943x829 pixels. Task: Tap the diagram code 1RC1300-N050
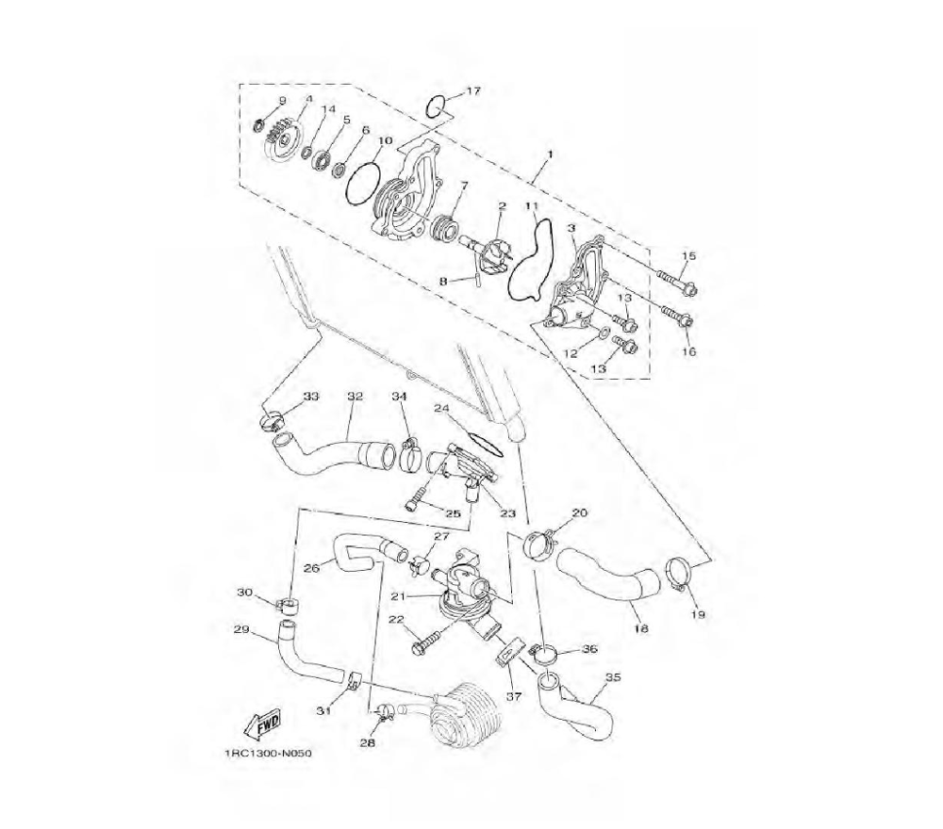268,754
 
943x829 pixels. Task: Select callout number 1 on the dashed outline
549,154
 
